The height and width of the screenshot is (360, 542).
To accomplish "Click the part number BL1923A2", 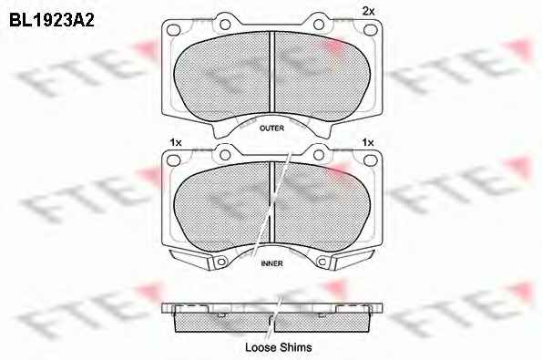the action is pos(52,20).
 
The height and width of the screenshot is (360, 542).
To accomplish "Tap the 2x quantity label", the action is pos(369,12).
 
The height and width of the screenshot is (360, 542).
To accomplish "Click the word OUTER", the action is pos(271,129).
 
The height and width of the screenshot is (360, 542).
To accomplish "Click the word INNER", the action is pos(271,263).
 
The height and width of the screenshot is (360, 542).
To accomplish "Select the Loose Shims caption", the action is pos(278,347).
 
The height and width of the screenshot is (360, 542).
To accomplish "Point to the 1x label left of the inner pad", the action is pos(176,142).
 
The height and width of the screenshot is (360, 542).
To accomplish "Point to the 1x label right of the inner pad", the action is pos(368,142).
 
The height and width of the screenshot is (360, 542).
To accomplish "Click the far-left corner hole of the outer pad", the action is pos(173,30).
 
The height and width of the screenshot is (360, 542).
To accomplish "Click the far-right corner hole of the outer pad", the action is pos(370,30).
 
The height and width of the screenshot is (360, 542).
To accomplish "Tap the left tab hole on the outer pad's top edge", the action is pos(225,25).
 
